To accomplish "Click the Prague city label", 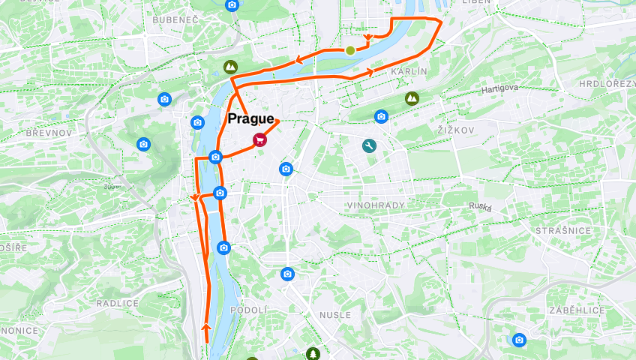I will point(251,119).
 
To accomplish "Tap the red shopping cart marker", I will point(259,139).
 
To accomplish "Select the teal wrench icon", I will point(368,146).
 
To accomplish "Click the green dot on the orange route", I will point(350,50).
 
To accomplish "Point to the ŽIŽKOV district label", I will point(456,130).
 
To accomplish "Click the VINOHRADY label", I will point(376,205).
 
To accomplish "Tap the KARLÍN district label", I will point(409,71).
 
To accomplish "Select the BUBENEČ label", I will point(174,19).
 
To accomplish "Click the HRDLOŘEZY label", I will point(607,83).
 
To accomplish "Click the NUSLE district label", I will point(334,315).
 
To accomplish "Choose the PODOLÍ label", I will point(248,310).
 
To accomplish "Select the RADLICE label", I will point(118,303).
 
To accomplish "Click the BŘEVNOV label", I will point(49,132).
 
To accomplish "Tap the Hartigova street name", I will point(500,88).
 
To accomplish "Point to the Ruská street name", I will point(480,205).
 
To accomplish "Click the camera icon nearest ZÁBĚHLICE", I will point(519,340).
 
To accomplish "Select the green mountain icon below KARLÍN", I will point(412,97).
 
